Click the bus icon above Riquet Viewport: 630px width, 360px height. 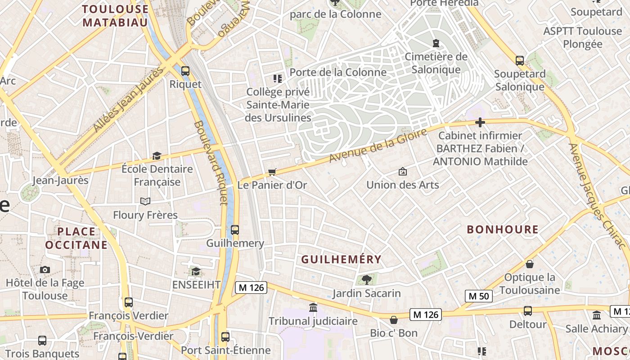(x=185, y=71)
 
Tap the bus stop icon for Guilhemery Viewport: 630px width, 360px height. (x=234, y=230)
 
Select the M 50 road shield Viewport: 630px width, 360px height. (x=479, y=296)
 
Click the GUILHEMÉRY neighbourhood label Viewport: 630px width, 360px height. (x=341, y=260)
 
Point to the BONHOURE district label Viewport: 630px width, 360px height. (x=503, y=229)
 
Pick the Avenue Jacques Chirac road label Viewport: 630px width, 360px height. (x=597, y=196)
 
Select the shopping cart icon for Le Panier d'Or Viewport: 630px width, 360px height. (x=272, y=172)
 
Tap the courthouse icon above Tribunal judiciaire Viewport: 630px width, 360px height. (x=313, y=308)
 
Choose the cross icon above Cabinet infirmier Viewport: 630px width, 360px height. (x=480, y=122)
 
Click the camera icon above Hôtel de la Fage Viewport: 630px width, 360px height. (x=45, y=270)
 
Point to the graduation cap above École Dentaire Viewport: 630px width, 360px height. (x=157, y=156)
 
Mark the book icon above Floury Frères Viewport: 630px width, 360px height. (x=145, y=201)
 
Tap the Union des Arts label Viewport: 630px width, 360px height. (x=402, y=185)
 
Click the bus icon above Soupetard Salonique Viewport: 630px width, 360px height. (x=519, y=60)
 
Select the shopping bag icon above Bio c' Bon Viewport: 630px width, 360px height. (x=394, y=320)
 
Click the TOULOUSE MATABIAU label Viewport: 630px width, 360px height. (x=115, y=16)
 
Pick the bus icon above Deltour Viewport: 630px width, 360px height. (x=527, y=310)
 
